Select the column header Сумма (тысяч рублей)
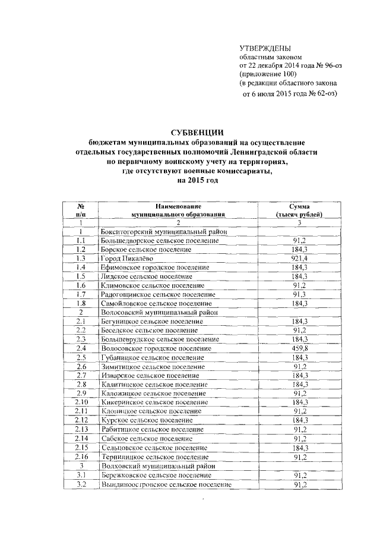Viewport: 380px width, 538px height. (300, 209)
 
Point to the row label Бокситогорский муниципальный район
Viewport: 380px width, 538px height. (161, 231)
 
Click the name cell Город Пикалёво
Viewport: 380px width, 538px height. (126, 259)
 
